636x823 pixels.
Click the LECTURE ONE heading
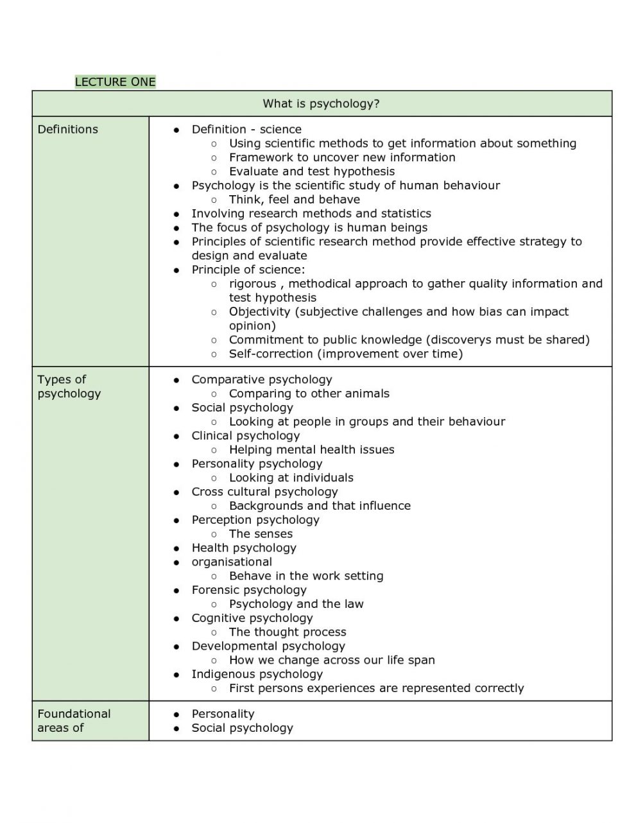click(115, 82)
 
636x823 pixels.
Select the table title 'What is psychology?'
click(321, 104)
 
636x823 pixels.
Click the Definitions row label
click(67, 129)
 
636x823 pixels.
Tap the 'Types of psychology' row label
click(69, 386)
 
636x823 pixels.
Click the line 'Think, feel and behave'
click(294, 199)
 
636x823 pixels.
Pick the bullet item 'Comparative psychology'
click(261, 379)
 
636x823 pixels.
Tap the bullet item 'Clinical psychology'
click(245, 435)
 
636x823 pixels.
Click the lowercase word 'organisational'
click(231, 562)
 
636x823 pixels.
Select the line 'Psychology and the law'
click(296, 603)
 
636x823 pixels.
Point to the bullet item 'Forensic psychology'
click(248, 589)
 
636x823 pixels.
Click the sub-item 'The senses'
click(261, 533)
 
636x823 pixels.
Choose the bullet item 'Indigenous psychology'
click(257, 674)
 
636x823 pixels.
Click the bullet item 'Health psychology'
click(243, 548)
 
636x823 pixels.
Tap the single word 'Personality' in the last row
click(223, 713)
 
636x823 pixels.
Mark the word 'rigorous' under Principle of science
click(252, 283)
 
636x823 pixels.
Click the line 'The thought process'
click(287, 632)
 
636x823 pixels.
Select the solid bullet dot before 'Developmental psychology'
click(176, 646)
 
